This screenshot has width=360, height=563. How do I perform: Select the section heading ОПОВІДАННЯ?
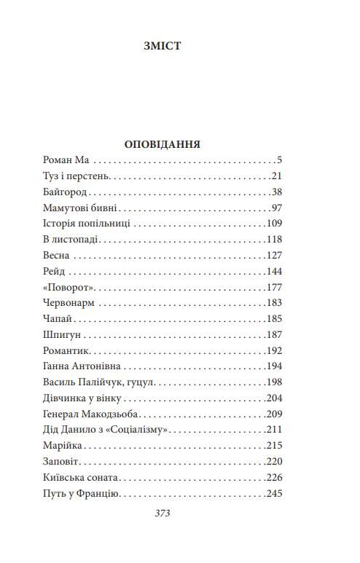coord(163,143)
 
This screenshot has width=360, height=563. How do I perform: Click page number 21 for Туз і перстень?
coord(276,176)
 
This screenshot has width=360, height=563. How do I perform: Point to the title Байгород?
coord(65,192)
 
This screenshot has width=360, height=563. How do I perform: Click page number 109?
coord(274,224)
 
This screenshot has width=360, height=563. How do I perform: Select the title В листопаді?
coord(70,240)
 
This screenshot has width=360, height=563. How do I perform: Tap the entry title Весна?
coord(57,256)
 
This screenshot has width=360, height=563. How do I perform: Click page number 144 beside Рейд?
coord(274,272)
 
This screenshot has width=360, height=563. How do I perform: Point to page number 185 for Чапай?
coord(274,319)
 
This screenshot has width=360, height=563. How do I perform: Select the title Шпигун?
coord(62,335)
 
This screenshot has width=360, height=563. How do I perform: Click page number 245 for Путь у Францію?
coord(274,494)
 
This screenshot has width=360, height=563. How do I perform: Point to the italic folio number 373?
coord(163,513)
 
